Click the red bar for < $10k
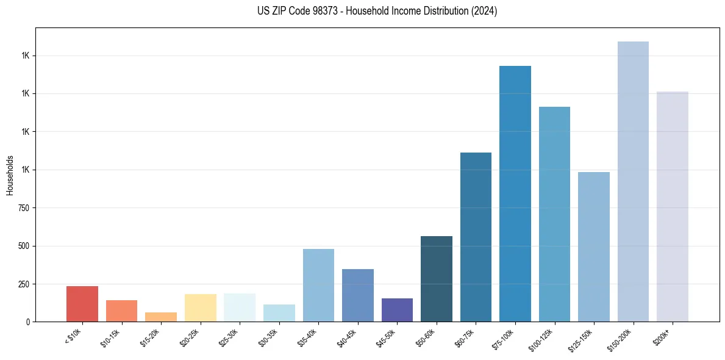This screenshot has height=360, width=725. tap(82, 304)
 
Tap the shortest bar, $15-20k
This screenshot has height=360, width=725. tap(161, 317)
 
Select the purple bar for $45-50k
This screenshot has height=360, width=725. tap(397, 310)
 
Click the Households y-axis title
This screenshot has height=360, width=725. tap(10, 175)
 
